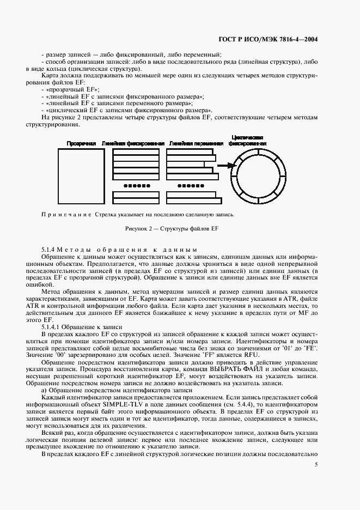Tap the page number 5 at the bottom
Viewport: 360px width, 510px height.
pos(316,465)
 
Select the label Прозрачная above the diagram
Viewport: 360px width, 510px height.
pos(81,143)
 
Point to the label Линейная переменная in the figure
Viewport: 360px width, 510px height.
pos(196,143)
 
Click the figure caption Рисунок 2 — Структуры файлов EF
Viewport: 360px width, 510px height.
pos(172,228)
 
